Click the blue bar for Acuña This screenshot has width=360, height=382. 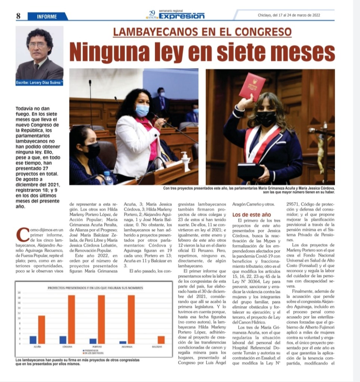33,339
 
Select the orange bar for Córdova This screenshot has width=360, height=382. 71,319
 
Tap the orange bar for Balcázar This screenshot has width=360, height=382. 161,339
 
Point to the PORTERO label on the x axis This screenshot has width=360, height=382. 97,347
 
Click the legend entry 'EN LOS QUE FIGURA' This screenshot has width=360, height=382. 93,353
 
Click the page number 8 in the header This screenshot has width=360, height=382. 18,16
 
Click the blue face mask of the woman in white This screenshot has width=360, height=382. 142,110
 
